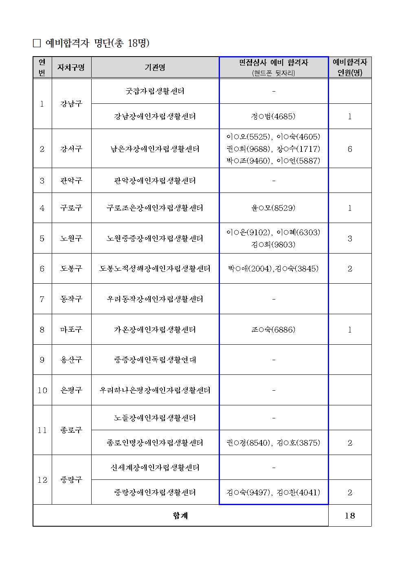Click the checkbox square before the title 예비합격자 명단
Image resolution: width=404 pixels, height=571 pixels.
(37, 43)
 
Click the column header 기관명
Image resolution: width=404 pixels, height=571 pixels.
(155, 68)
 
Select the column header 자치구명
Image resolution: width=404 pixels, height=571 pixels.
(71, 68)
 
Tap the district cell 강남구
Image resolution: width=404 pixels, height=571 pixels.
(71, 104)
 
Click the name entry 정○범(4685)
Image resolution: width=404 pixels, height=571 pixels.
(273, 116)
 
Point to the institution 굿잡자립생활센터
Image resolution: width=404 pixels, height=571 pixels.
(155, 91)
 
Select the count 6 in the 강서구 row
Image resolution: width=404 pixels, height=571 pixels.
(349, 149)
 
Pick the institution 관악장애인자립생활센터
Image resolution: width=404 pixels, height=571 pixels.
(155, 181)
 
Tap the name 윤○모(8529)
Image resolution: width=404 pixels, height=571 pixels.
(273, 208)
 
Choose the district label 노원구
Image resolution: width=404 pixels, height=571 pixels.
(71, 238)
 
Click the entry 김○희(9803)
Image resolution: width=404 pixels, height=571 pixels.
(273, 245)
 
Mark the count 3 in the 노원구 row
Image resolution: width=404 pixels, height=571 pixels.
(349, 238)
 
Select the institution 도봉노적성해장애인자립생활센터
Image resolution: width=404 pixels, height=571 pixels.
(155, 269)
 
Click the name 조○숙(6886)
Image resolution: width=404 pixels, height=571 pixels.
(273, 330)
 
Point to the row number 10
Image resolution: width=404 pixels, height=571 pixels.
(42, 390)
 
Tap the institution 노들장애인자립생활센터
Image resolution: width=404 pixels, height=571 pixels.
(155, 418)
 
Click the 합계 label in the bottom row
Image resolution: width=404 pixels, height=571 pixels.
(180, 516)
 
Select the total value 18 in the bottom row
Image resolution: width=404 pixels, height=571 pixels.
(349, 516)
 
